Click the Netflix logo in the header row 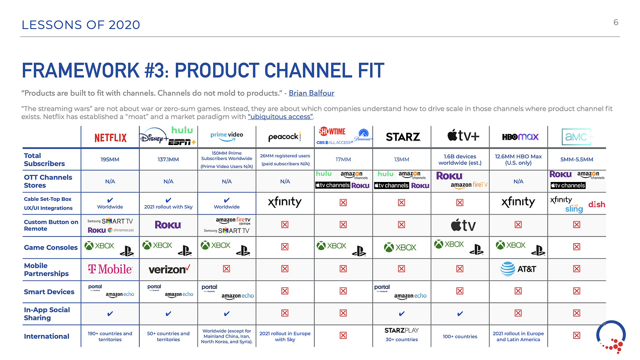point(110,138)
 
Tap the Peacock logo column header point(284,137)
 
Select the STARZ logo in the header point(403,137)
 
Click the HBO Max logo point(520,137)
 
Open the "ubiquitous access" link point(280,116)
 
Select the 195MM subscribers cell point(110,160)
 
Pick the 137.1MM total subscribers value point(168,160)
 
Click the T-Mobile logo point(110,269)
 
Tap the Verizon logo point(168,269)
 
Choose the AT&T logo point(519,269)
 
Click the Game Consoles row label point(51,247)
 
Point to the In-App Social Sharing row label point(47,313)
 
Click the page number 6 point(616,22)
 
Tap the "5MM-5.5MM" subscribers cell point(576,160)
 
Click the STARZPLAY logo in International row point(402,331)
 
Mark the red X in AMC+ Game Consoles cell point(576,247)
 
